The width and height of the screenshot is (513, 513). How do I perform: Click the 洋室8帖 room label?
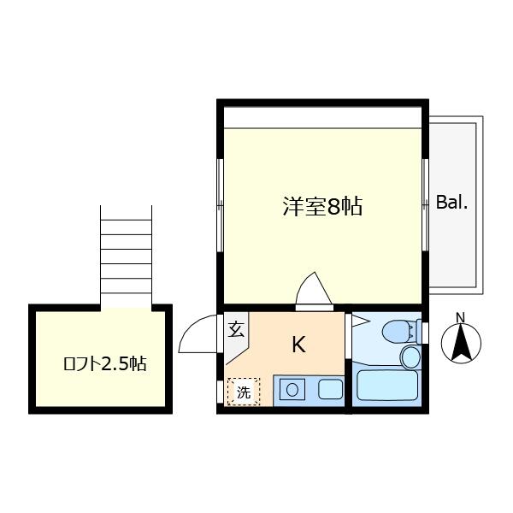tap(322, 206)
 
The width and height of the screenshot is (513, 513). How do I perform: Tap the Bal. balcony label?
tap(451, 203)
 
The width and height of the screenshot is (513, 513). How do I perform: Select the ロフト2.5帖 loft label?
tap(104, 363)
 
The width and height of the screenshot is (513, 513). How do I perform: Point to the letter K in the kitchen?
tap(298, 345)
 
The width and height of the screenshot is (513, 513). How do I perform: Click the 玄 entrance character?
tap(236, 329)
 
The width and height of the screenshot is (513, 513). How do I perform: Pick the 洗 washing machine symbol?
tap(244, 392)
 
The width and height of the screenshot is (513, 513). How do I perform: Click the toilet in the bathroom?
tap(401, 332)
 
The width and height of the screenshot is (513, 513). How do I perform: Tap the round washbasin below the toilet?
tap(410, 357)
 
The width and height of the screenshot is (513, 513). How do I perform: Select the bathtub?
tap(387, 385)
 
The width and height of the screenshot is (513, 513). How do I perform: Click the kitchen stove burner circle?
tap(292, 390)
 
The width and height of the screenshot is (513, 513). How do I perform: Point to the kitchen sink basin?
tap(330, 389)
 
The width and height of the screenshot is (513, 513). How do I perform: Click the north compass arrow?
tap(461, 342)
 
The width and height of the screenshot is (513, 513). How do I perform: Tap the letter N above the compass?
tap(461, 318)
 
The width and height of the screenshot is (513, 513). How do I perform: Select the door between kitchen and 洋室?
tap(314, 292)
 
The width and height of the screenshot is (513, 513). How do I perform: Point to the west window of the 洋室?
tap(221, 205)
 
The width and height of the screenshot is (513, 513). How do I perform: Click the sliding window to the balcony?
tap(425, 205)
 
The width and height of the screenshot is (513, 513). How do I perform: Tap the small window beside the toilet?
tap(425, 333)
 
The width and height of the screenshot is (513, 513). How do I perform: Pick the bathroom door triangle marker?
tap(360, 321)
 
